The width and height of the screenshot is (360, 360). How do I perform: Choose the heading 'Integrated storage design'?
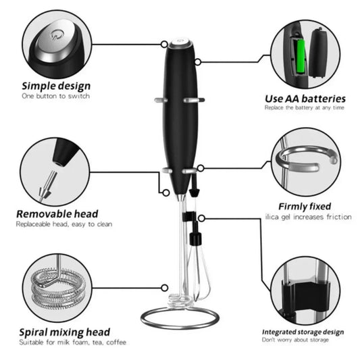[303, 332]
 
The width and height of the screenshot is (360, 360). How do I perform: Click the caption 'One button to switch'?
[55, 97]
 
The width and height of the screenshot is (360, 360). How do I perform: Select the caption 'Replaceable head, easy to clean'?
[64, 224]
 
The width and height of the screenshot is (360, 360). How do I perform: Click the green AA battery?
[298, 57]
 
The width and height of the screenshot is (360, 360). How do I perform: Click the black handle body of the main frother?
[179, 115]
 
